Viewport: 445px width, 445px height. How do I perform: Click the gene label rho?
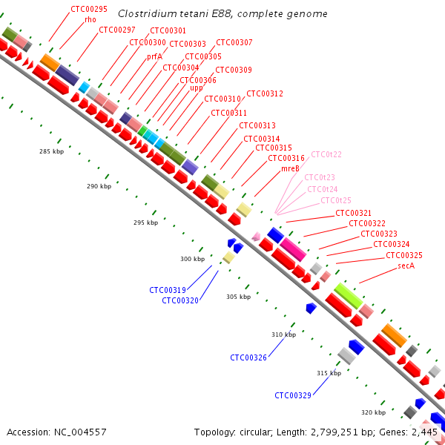coord(90,19)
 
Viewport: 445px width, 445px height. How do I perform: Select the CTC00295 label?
coord(89,9)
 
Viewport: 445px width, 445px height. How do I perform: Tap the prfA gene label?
coord(154,57)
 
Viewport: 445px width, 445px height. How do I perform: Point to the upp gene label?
coord(196,88)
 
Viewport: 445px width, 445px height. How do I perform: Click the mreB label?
coord(290,168)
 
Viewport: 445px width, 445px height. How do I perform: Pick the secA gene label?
coord(406,266)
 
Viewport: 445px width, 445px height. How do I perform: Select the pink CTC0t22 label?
coord(326,154)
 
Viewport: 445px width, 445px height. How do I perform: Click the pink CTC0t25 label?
coord(336,200)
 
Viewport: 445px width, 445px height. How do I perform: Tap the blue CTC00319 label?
coord(168,290)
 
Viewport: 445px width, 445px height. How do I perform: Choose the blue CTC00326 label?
coord(248,357)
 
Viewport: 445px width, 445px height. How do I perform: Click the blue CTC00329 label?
coord(293,395)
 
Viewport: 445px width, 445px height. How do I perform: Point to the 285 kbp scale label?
coord(52,151)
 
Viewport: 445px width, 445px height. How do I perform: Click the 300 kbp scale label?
coord(192,259)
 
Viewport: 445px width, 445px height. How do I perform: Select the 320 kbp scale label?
coord(373,412)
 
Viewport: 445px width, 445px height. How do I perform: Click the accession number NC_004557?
coord(80,432)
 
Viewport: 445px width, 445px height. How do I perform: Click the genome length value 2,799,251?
coord(337,432)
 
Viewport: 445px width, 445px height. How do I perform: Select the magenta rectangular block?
coord(293,250)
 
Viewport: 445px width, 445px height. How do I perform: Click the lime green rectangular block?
coord(349,296)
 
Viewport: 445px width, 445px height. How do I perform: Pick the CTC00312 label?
coord(265,93)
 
